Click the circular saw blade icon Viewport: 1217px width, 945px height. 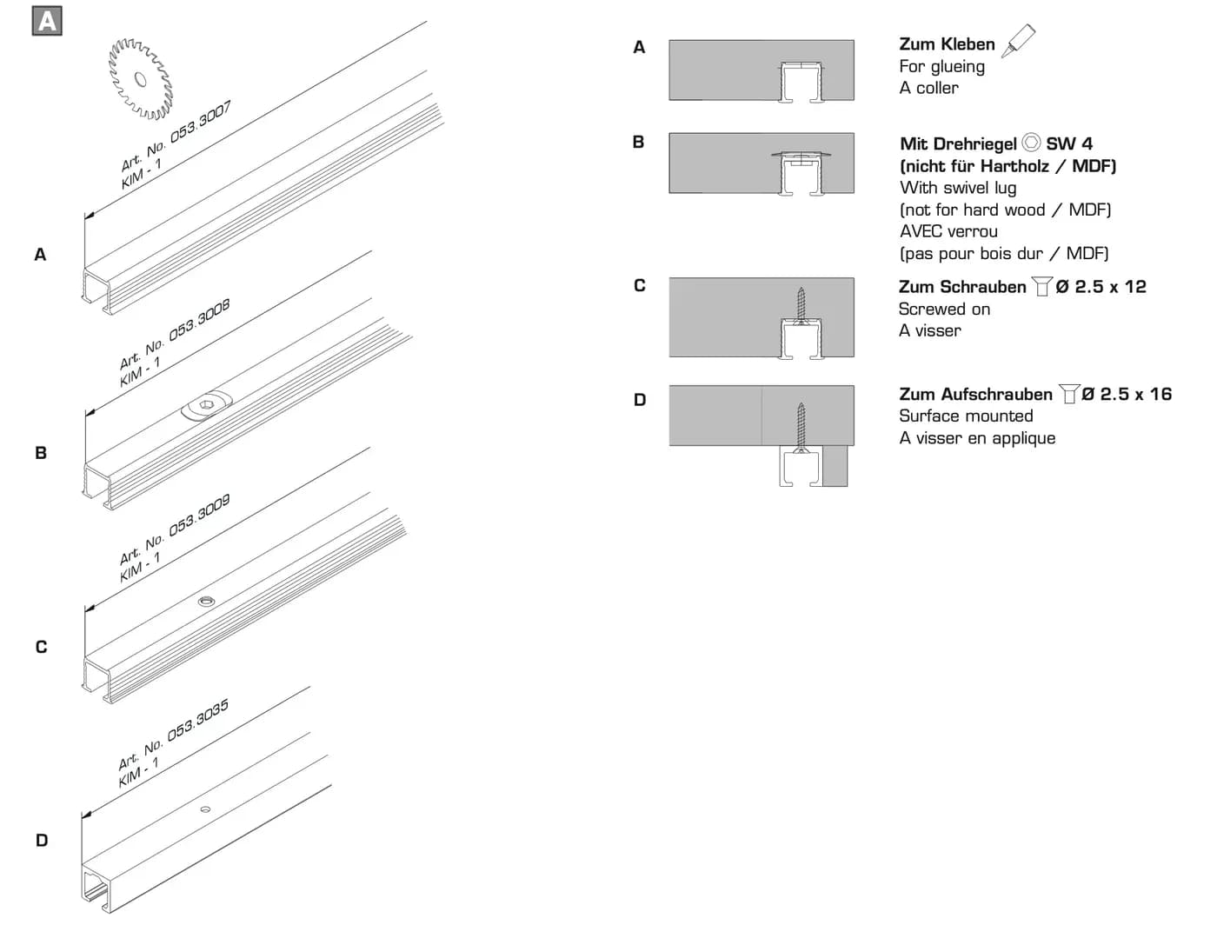141,78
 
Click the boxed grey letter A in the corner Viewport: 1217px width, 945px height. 47,21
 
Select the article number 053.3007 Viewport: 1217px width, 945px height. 201,122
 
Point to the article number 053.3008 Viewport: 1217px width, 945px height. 199,320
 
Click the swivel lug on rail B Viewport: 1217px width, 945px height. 207,404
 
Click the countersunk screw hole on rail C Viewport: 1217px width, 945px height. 207,602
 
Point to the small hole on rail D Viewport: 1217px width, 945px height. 205,809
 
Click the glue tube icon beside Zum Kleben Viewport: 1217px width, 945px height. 1018,40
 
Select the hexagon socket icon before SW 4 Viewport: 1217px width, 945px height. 1031,143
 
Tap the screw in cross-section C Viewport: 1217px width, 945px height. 801,306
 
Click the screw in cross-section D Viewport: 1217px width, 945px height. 801,427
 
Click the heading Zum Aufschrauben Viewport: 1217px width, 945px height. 975,394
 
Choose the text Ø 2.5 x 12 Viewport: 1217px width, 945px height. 1101,287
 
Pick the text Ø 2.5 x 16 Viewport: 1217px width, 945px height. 1127,394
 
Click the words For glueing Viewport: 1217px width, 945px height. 941,67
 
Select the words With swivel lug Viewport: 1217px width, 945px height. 958,188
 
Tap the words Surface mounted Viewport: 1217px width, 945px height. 966,416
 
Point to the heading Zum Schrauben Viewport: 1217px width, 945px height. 962,287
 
